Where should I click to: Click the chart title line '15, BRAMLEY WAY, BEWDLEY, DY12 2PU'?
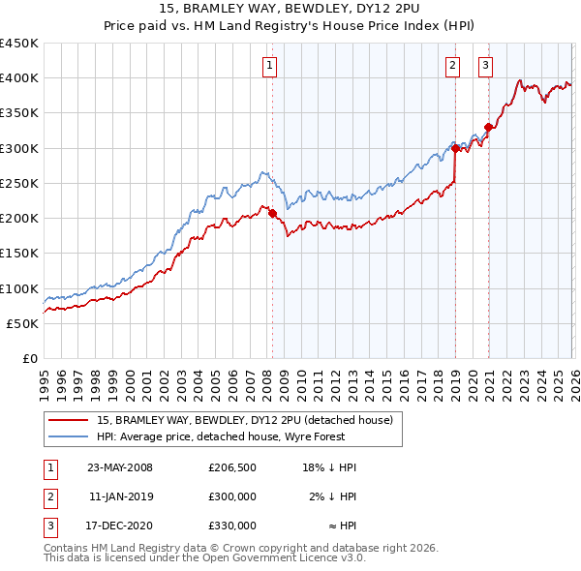(x=290, y=9)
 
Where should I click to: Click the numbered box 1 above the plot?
(x=268, y=66)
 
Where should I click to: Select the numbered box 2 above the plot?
(x=452, y=66)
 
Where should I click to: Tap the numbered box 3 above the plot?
(x=485, y=66)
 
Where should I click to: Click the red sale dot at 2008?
(x=272, y=213)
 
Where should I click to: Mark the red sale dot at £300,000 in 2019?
(x=455, y=148)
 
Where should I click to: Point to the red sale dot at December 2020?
(x=489, y=127)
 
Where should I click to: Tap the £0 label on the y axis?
(x=29, y=358)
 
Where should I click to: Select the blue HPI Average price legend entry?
(x=222, y=436)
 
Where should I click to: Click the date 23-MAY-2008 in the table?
(x=120, y=467)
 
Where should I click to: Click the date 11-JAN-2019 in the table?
(x=120, y=496)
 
